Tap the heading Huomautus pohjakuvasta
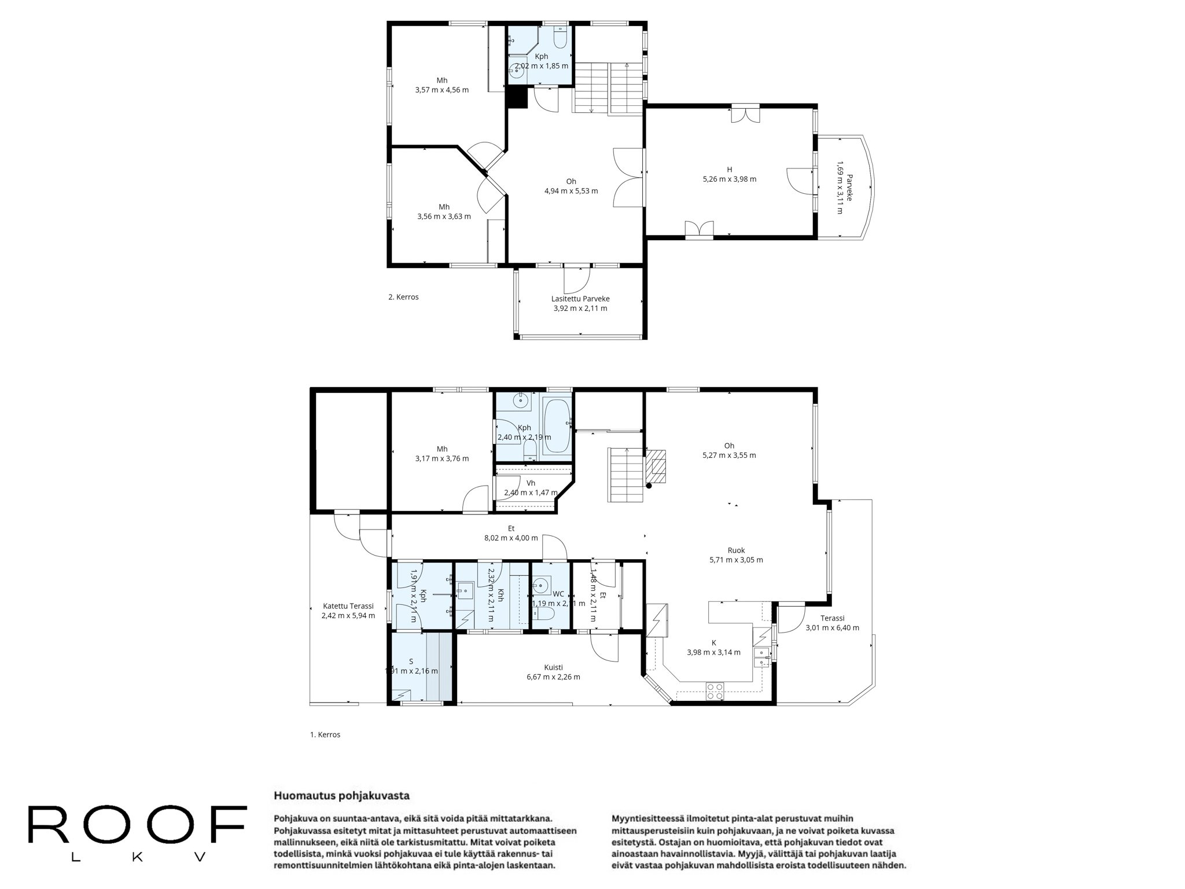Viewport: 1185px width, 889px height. pos(341,796)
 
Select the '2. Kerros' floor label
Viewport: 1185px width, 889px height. pos(403,297)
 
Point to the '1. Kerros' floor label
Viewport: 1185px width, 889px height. pos(325,734)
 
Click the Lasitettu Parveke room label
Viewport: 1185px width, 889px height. pos(580,299)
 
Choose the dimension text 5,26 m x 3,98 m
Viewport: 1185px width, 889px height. pos(730,179)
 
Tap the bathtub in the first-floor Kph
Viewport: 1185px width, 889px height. pos(557,427)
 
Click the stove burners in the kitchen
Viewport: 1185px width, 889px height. pos(715,692)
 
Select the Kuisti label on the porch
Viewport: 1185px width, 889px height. pos(553,667)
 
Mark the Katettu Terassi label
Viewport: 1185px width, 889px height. pos(348,606)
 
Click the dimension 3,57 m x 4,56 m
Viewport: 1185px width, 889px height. pos(442,90)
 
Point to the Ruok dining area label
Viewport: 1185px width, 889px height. pos(736,550)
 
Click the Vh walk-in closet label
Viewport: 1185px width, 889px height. pos(531,483)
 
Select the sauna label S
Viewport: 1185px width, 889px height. pos(411,661)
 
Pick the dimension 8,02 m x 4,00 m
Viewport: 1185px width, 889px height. pos(511,538)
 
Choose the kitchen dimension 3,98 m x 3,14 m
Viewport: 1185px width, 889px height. pos(713,652)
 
